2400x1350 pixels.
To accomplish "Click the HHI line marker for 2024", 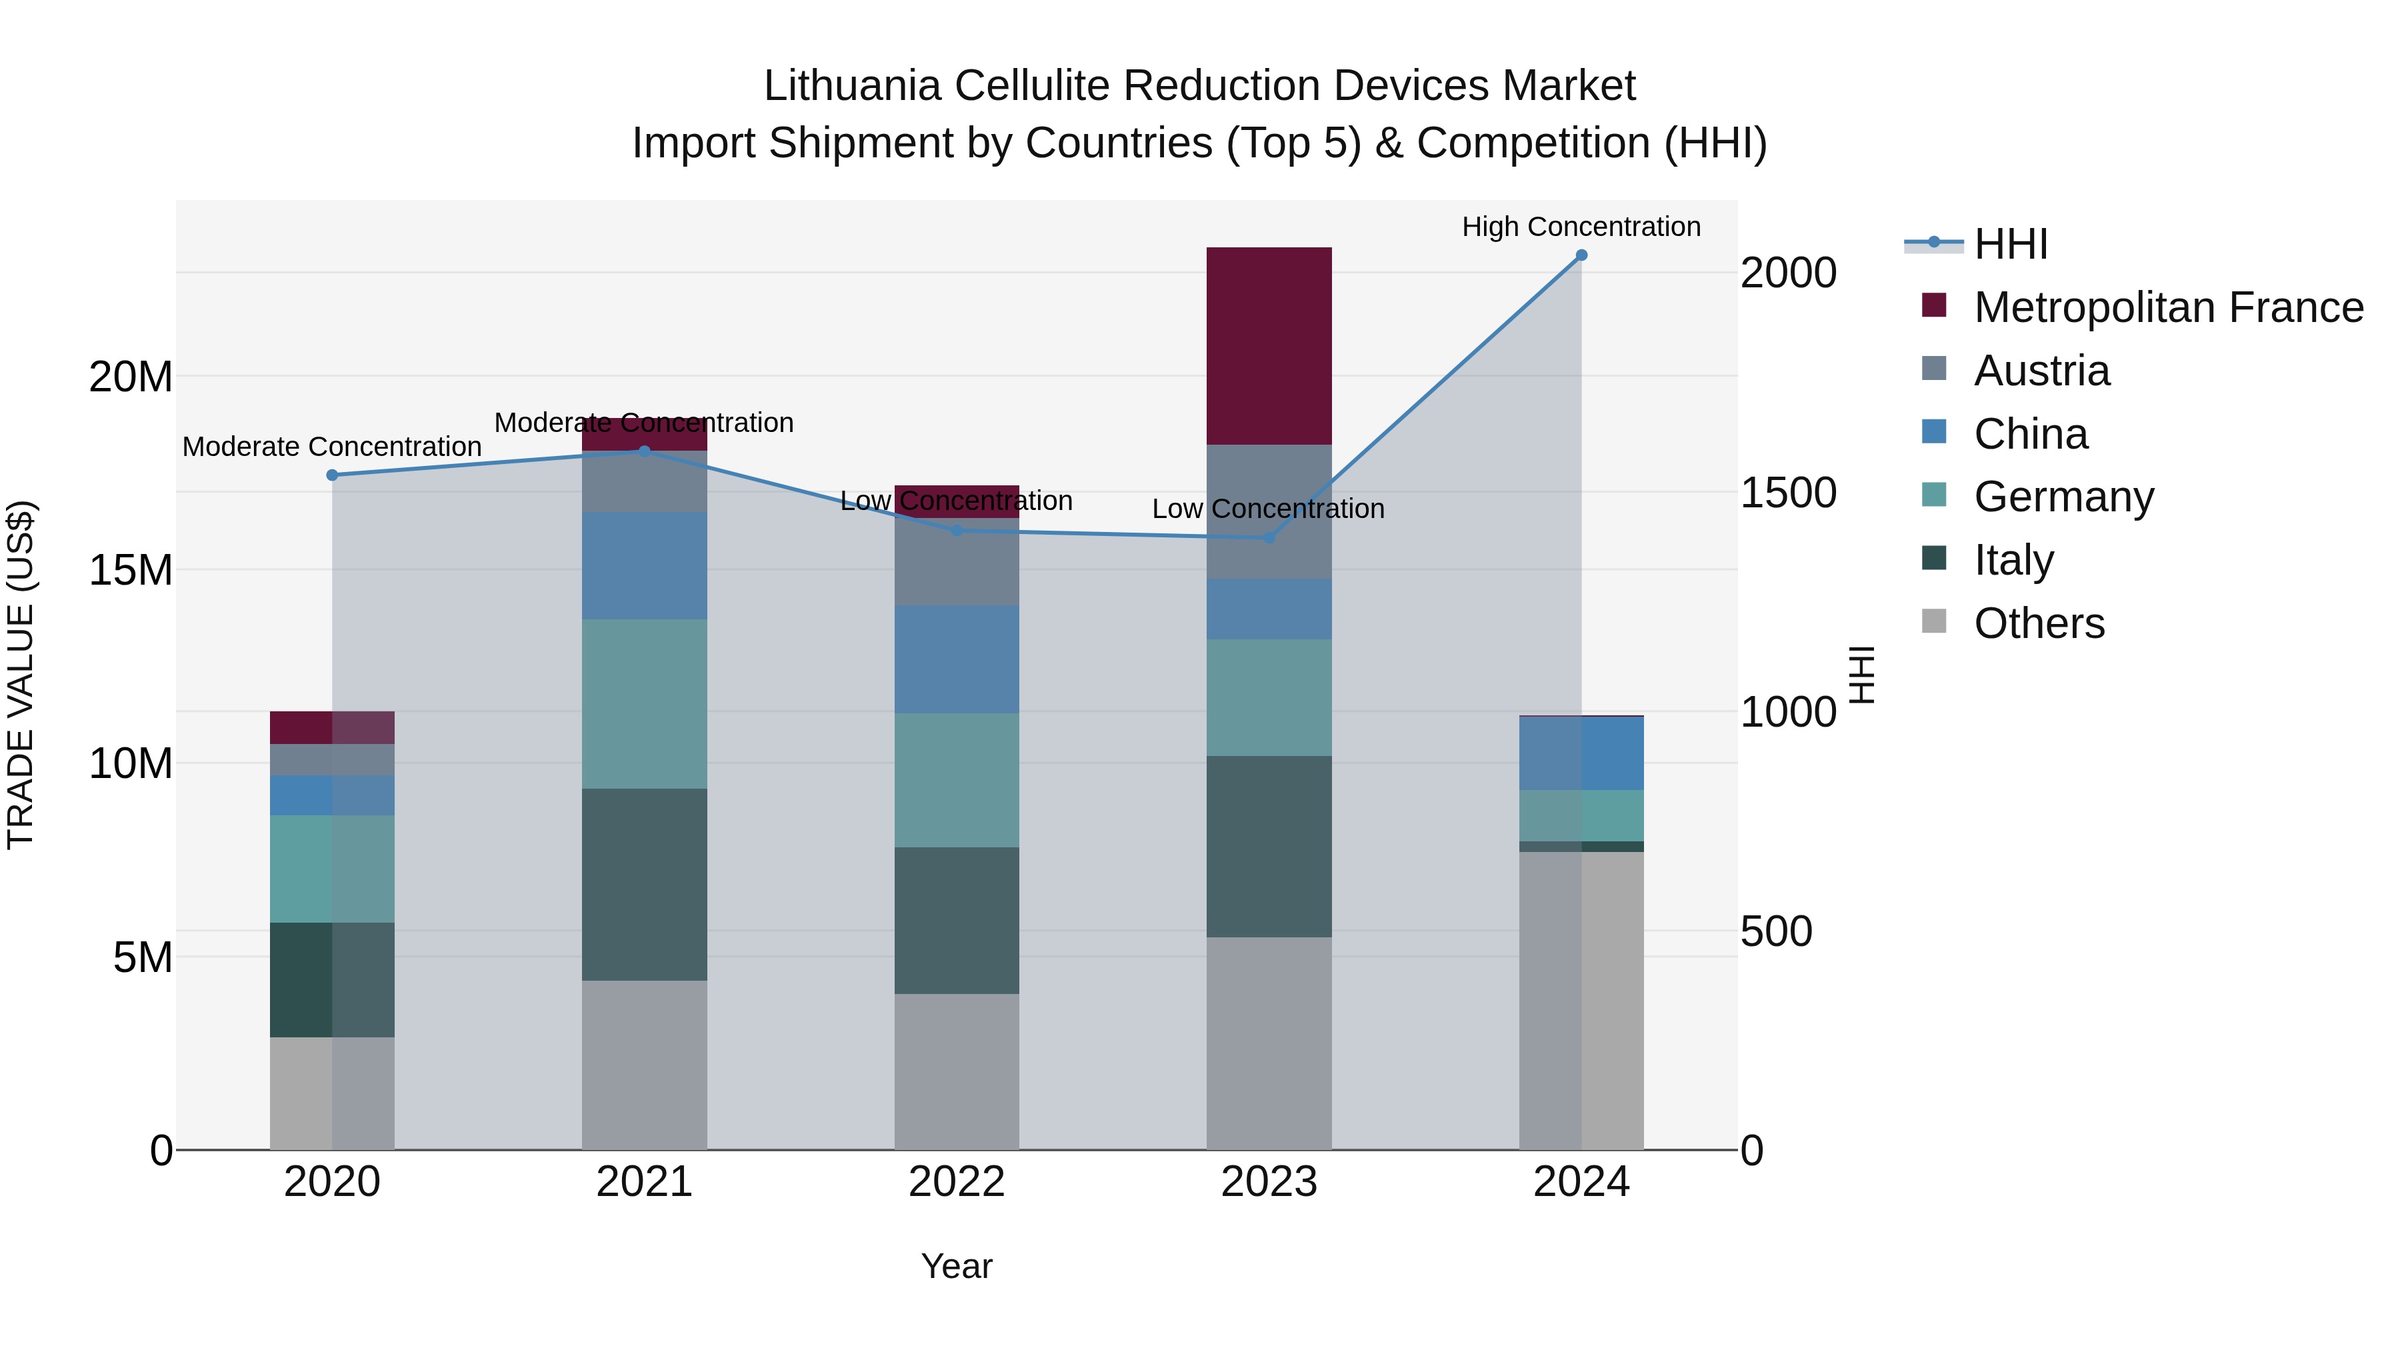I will click(1581, 255).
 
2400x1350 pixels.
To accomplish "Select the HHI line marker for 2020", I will click(332, 475).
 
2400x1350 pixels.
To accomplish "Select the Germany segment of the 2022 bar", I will click(957, 780).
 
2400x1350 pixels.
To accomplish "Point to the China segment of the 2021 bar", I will click(644, 565).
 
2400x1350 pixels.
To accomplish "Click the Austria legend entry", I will click(2041, 371).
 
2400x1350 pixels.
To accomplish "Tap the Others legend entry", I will click(2039, 623).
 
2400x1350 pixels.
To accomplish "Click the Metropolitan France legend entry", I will click(2167, 307).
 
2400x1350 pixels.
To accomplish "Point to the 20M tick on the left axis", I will click(131, 377).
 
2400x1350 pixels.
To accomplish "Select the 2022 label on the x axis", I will click(957, 1182).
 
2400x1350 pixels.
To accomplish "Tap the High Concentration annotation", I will click(1581, 227).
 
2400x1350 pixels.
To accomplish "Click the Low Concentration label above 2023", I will click(1268, 509).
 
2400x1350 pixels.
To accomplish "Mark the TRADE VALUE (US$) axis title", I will click(21, 675).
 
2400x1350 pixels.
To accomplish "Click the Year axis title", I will click(957, 1266).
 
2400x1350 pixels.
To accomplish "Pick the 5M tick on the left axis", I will click(143, 957).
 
